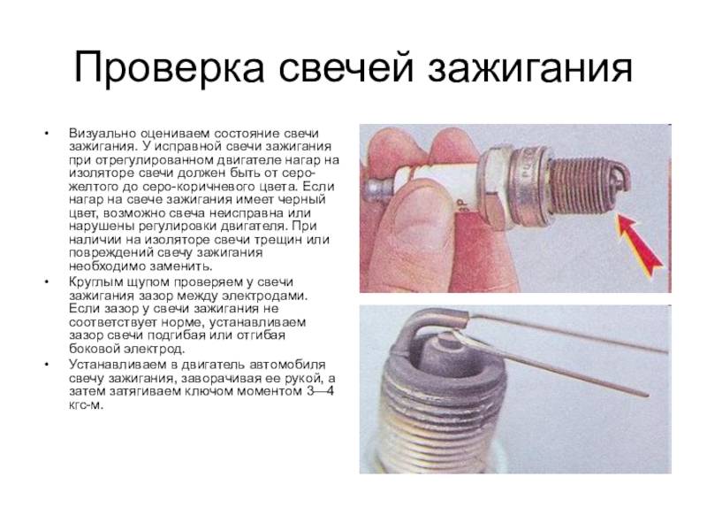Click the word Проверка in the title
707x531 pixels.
pyautogui.click(x=169, y=67)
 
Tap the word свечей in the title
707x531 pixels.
pyautogui.click(x=346, y=67)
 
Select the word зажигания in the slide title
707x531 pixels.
pyautogui.click(x=530, y=67)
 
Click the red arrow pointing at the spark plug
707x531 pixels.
pyautogui.click(x=639, y=245)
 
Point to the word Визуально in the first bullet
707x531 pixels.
pyautogui.click(x=103, y=134)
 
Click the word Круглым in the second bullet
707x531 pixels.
pyautogui.click(x=95, y=282)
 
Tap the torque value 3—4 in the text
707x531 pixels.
pyautogui.click(x=320, y=391)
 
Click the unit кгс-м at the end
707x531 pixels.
pyautogui.click(x=86, y=405)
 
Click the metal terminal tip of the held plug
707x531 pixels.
pyautogui.click(x=378, y=189)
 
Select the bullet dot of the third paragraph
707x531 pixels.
pyautogui.click(x=46, y=365)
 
